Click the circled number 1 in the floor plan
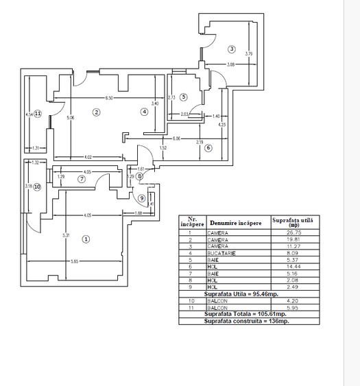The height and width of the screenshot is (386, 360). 86,239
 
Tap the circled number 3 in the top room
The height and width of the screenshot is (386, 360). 232,49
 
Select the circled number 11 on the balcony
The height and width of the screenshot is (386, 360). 38,114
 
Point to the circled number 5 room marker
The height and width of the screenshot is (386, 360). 184,97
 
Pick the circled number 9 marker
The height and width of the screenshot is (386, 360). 142,198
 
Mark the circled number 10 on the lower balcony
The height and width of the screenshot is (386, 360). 37,186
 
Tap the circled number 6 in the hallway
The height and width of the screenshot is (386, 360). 208,147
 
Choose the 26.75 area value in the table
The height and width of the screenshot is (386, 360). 294,232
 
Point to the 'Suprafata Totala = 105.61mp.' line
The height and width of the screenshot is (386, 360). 248,314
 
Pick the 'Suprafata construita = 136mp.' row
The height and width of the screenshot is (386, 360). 248,321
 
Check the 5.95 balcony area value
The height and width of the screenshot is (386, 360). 294,308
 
